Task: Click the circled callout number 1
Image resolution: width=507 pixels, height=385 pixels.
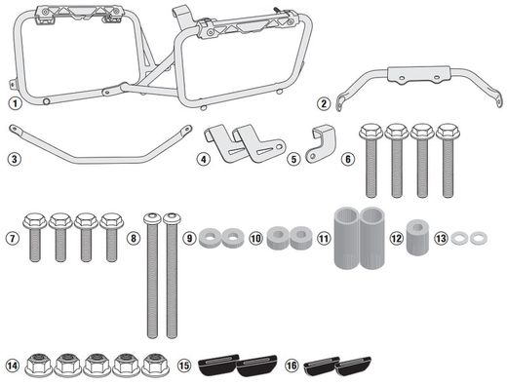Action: tap(14, 103)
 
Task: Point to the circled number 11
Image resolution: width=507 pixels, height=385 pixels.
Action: tap(323, 239)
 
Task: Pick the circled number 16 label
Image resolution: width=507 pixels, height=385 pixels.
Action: tap(291, 366)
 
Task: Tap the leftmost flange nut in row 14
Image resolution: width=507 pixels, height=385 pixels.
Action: tap(40, 365)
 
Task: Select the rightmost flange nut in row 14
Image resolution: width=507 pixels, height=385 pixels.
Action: tap(153, 365)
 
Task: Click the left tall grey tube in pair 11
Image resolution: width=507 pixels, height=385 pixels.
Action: tap(347, 238)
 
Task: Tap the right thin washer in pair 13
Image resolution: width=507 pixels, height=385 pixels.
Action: tap(478, 238)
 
